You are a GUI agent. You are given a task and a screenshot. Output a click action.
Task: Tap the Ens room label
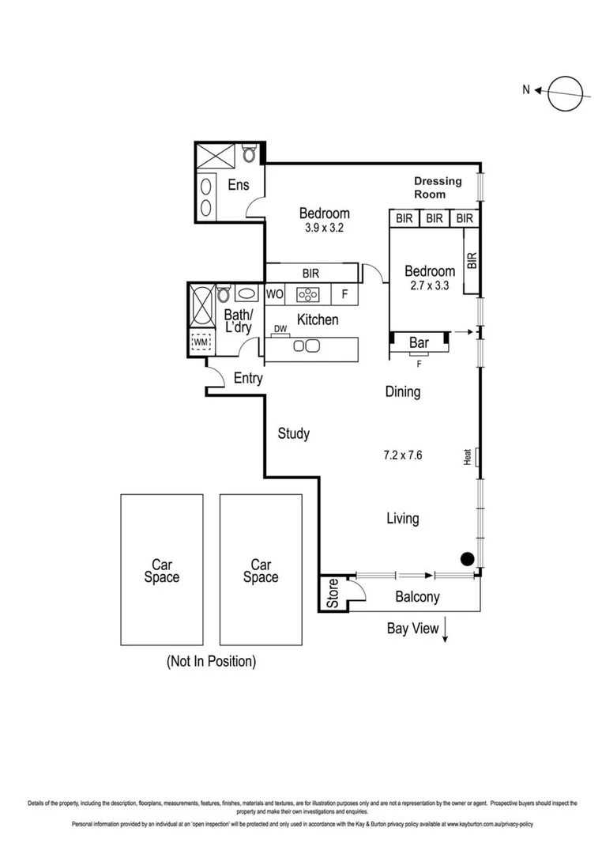pos(238,185)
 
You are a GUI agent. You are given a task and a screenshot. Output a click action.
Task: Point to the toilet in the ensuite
pos(249,153)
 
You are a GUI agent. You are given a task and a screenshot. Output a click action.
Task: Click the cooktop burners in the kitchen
pos(307,295)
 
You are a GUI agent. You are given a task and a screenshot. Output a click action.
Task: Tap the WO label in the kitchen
pos(274,295)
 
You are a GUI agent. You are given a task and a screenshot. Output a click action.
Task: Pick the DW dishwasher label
pos(280,329)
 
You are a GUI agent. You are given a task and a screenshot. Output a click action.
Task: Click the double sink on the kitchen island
pos(306,346)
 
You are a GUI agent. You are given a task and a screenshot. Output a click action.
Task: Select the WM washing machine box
pos(201,343)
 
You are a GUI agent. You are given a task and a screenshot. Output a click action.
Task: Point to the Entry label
pos(248,379)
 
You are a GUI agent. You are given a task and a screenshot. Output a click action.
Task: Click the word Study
pos(293,433)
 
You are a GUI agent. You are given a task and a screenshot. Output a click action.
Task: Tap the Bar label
pos(419,343)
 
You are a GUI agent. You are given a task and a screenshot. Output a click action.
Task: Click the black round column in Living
pos(467,559)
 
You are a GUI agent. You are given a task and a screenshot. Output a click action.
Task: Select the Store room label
pos(332,594)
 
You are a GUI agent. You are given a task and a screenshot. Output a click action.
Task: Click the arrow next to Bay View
pos(446,631)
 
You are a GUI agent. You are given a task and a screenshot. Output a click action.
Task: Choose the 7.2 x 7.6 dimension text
pos(402,455)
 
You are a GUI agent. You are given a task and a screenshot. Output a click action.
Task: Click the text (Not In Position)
pos(210,661)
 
